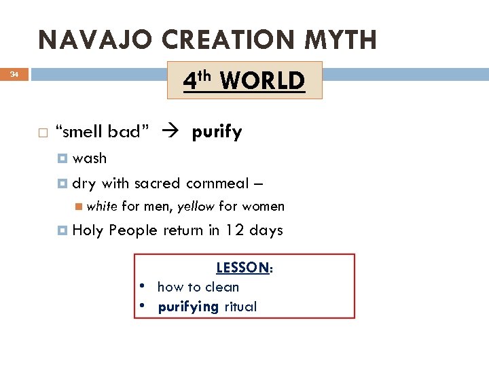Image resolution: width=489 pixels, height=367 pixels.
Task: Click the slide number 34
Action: tap(14, 75)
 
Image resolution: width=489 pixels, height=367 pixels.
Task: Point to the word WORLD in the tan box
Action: tap(262, 81)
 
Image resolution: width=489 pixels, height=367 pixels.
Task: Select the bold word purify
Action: tap(217, 133)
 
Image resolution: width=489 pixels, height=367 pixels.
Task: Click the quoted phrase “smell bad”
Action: tap(102, 132)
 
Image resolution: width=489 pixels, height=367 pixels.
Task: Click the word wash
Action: tap(90, 158)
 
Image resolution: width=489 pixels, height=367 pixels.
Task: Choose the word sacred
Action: tap(157, 183)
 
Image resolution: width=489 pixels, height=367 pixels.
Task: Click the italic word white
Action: tap(102, 206)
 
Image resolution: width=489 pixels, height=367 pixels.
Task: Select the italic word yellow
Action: tap(196, 206)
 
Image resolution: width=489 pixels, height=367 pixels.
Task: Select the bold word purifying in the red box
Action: tap(188, 307)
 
